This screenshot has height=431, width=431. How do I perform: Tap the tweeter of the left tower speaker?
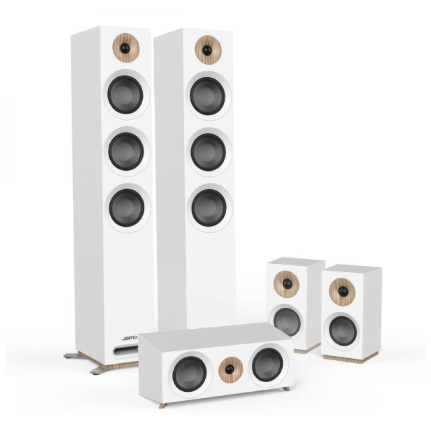(126, 48)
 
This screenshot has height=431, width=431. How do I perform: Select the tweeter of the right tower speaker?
(208, 50)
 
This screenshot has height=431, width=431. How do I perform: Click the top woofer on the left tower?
(125, 95)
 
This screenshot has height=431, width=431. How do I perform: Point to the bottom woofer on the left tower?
(127, 208)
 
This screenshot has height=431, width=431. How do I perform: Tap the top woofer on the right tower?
(208, 96)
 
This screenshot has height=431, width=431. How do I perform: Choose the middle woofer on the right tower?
(208, 152)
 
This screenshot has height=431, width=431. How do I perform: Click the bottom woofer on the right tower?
(209, 208)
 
